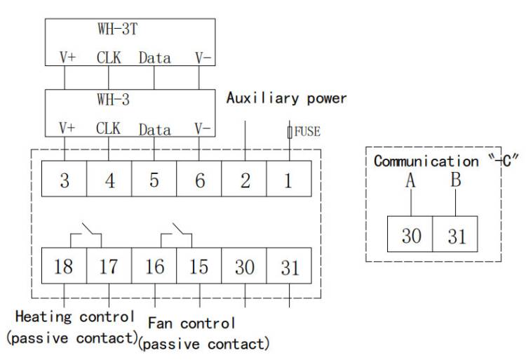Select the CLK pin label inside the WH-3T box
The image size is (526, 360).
pyautogui.click(x=109, y=58)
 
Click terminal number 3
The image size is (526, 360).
pyautogui.click(x=65, y=180)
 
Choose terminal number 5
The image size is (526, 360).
pyautogui.click(x=154, y=180)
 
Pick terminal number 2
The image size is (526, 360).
pyautogui.click(x=245, y=180)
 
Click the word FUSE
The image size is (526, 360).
pyautogui.click(x=306, y=130)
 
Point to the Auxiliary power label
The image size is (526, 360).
pyautogui.click(x=286, y=98)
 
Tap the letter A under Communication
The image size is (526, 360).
pyautogui.click(x=411, y=181)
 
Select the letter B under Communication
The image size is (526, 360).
pyautogui.click(x=456, y=180)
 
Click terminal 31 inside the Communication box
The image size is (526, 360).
pyautogui.click(x=456, y=235)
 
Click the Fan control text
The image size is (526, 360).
pyautogui.click(x=191, y=324)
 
